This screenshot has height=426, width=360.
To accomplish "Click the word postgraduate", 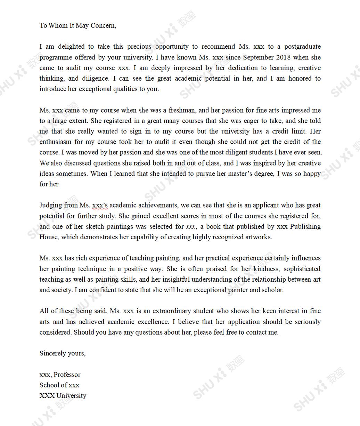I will pyautogui.click(x=302, y=47).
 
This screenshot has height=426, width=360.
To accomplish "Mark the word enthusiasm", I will pyautogui.click(x=56, y=142).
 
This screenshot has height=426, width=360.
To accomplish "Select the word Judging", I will pyautogui.click(x=51, y=205).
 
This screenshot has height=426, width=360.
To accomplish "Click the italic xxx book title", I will pyautogui.click(x=190, y=227).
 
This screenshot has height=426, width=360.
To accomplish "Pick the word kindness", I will pyautogui.click(x=267, y=269).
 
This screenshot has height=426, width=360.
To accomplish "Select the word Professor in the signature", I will pyautogui.click(x=67, y=375).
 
